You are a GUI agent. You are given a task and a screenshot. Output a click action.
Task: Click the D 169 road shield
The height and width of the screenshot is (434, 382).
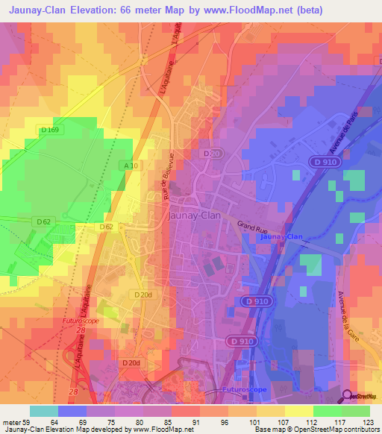(x=50, y=130)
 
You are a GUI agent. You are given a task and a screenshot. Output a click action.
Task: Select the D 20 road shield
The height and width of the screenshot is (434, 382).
(x=211, y=154)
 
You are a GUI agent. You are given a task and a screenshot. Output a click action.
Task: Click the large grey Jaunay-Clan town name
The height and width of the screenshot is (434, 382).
(x=193, y=215)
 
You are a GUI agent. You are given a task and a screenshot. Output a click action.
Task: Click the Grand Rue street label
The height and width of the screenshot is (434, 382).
(x=252, y=224)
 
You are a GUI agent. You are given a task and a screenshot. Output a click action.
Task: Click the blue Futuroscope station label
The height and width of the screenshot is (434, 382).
(x=242, y=389)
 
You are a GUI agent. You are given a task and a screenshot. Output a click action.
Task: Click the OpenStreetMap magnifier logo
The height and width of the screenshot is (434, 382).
(x=348, y=397)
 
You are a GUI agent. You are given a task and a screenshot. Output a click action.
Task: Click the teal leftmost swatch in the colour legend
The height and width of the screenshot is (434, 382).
(x=44, y=411)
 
